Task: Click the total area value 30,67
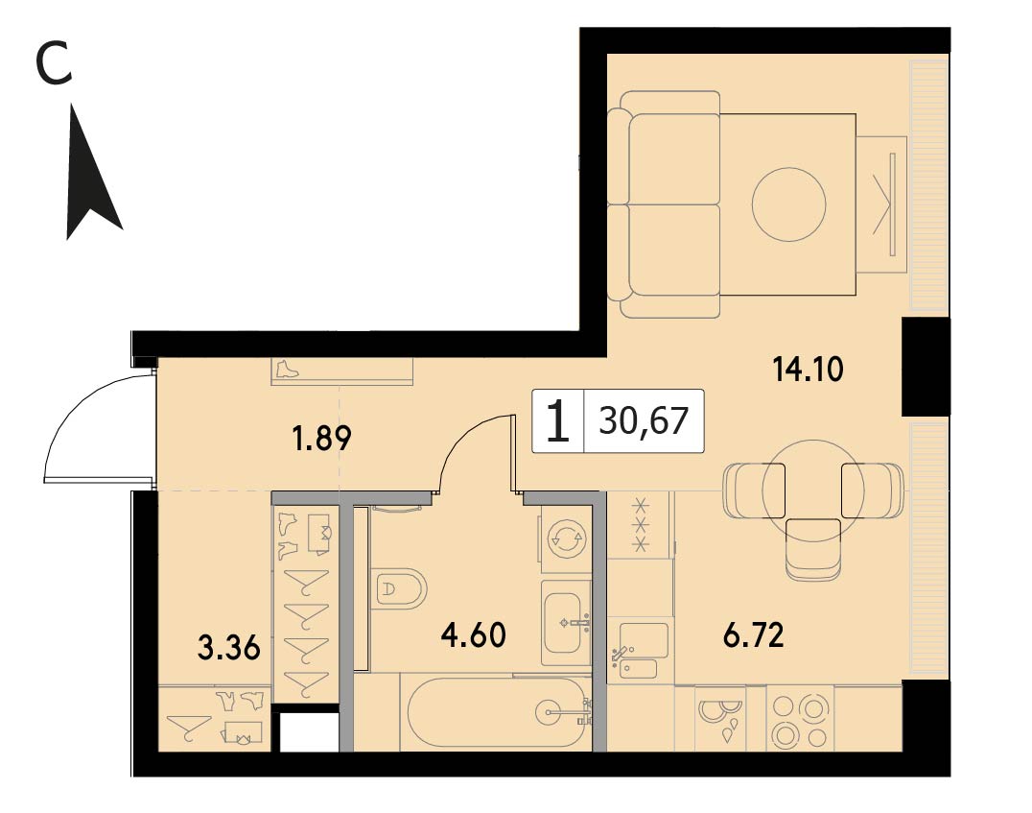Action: point(644,421)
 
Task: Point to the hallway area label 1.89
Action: point(322,438)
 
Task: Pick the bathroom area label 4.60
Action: point(474,635)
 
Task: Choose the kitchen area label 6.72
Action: point(754,636)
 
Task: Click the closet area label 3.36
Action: point(229,648)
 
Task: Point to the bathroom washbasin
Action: point(565,623)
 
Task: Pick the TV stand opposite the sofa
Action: point(882,204)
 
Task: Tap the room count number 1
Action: point(557,421)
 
